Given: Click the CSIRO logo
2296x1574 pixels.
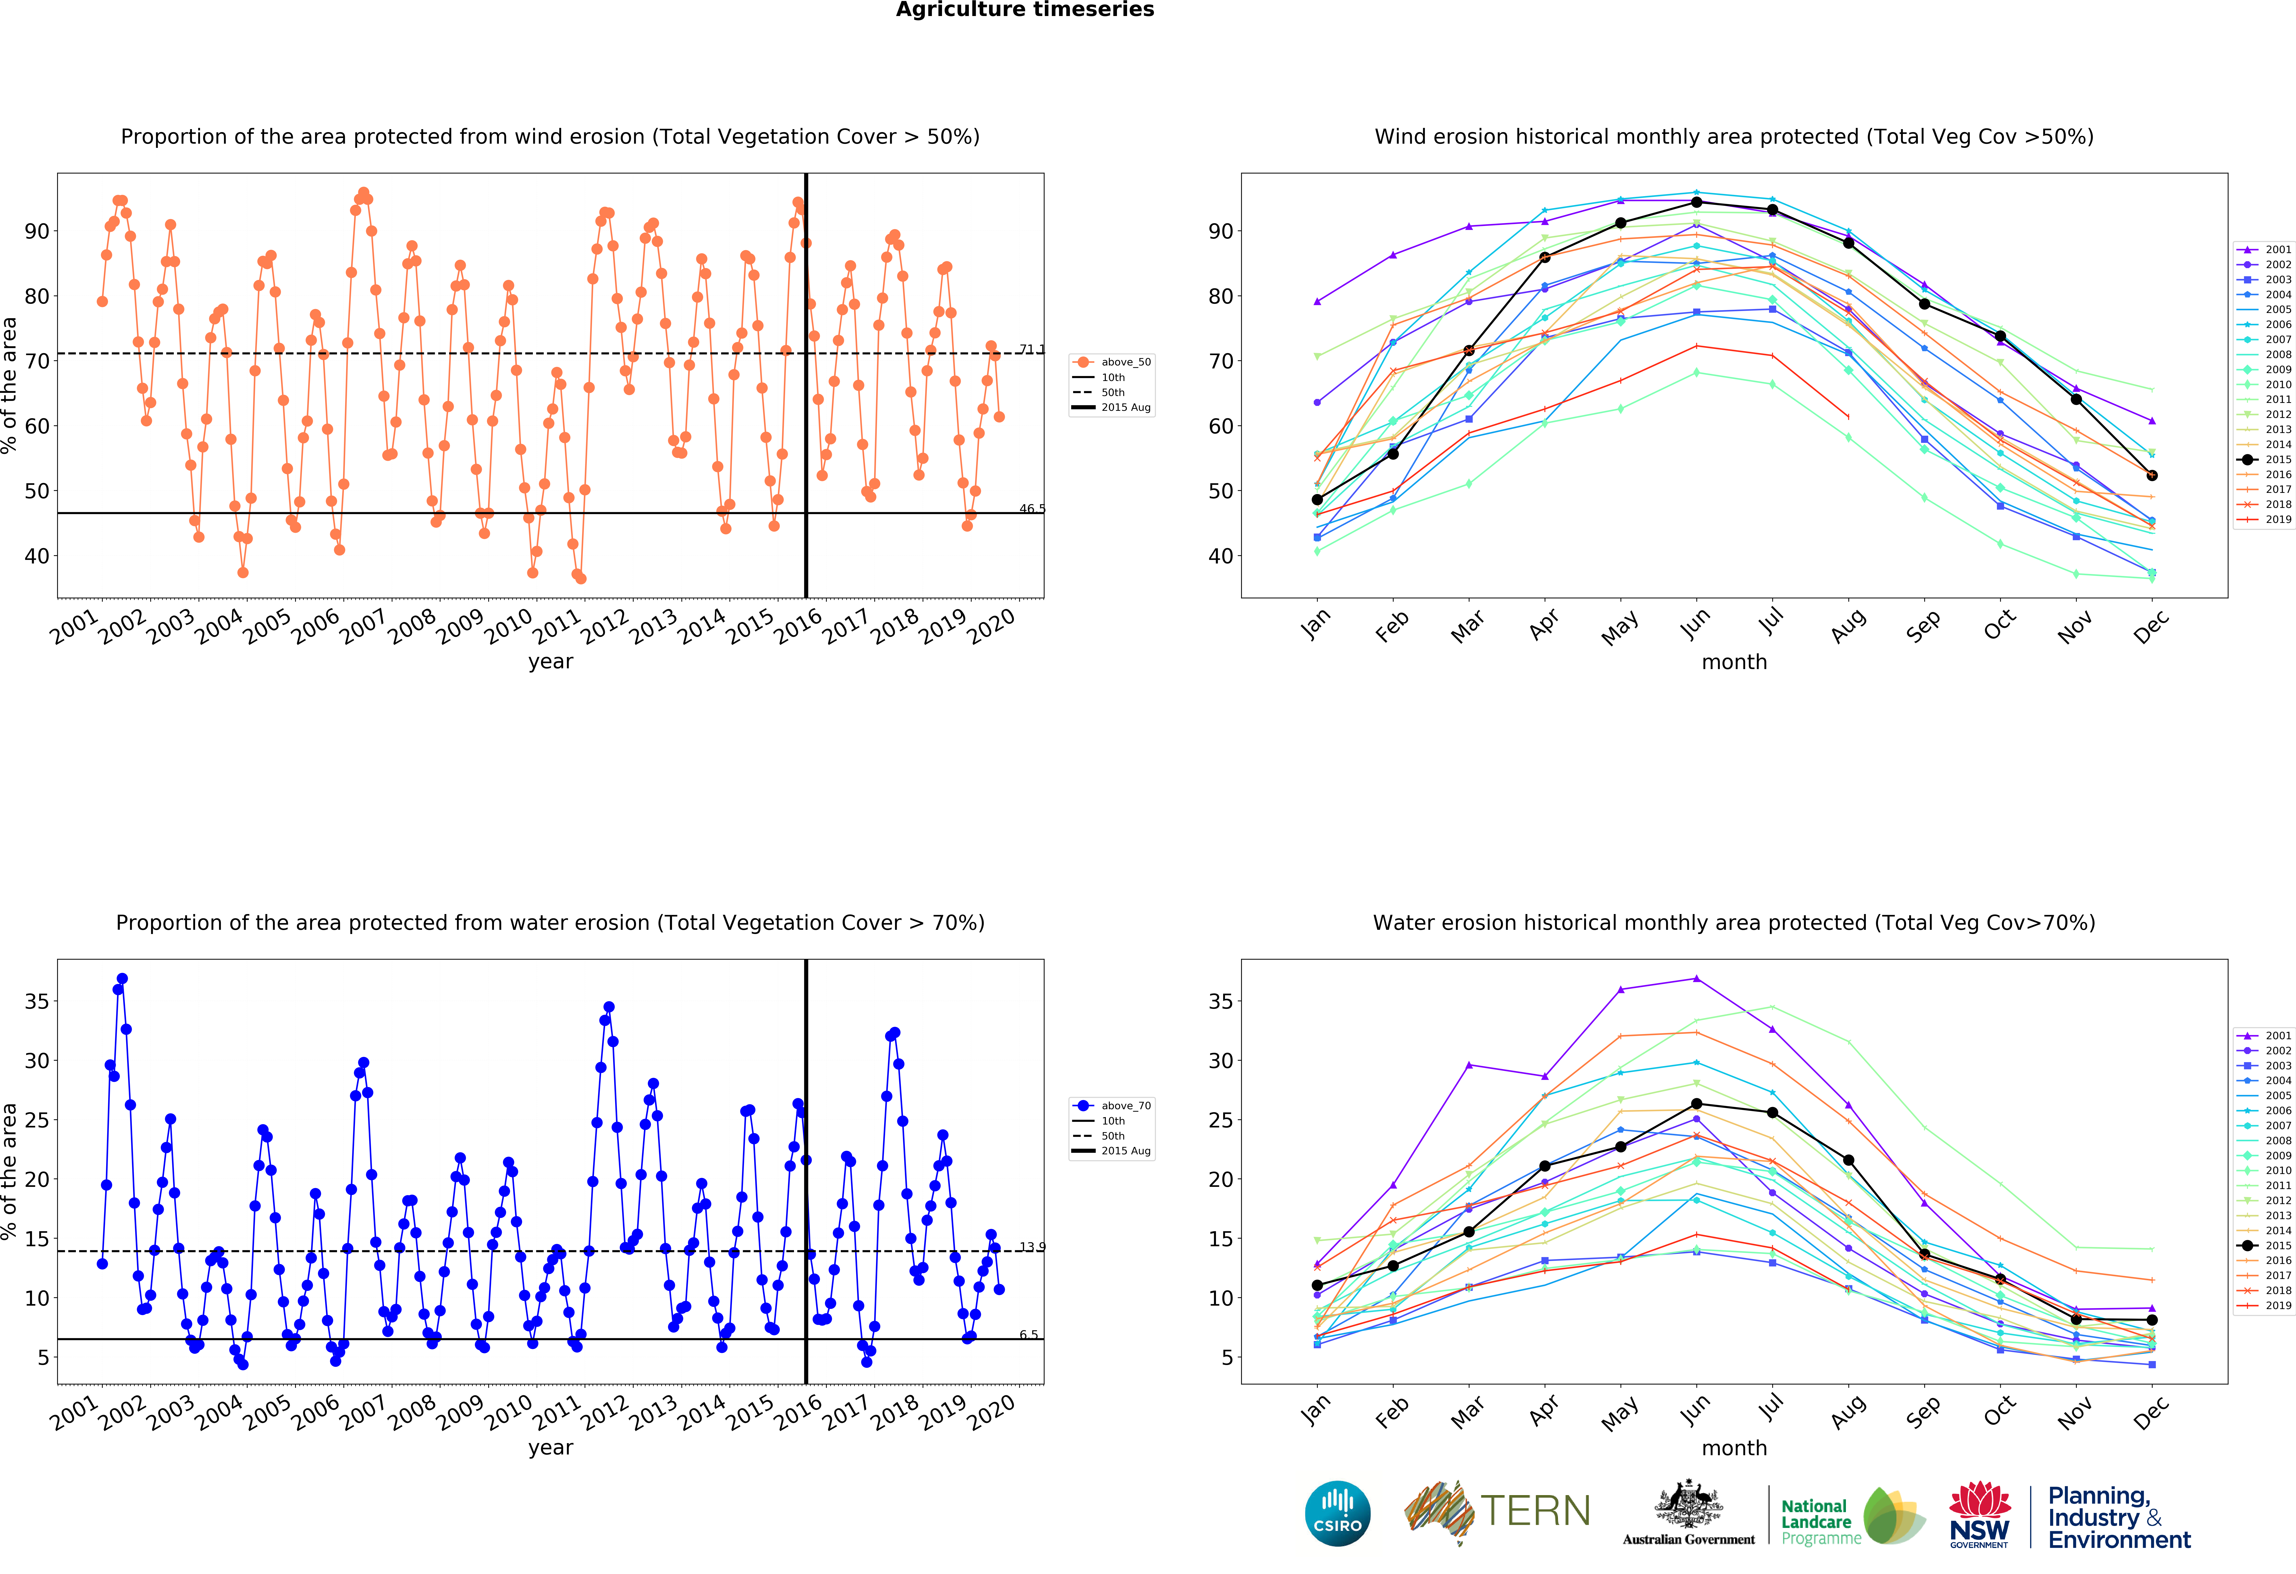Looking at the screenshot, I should (1338, 1513).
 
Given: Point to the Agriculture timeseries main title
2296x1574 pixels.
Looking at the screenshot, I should (1025, 10).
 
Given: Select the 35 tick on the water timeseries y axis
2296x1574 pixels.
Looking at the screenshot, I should (36, 1001).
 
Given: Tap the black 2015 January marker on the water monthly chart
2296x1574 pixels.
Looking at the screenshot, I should (1317, 1285).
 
